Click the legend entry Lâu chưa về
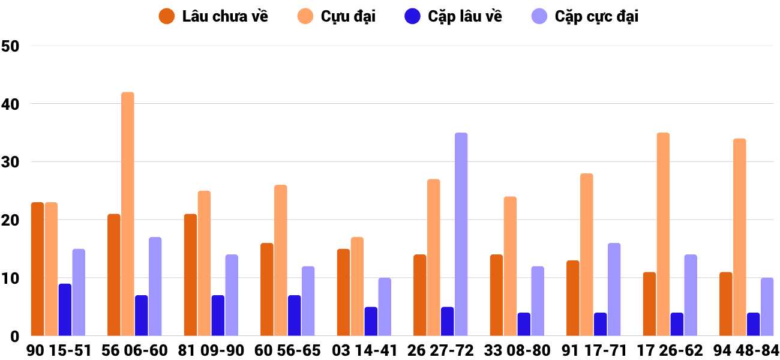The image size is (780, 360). click(x=224, y=16)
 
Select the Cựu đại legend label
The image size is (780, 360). click(x=348, y=16)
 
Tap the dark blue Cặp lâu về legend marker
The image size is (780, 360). click(x=412, y=16)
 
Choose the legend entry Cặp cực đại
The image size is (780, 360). click(x=596, y=16)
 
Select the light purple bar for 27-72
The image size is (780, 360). click(x=461, y=235)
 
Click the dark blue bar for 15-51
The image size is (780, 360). click(x=65, y=310)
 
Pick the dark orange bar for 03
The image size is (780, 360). click(x=343, y=292)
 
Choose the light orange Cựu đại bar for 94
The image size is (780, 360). click(x=739, y=238)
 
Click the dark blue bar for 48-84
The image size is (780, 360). click(x=753, y=324)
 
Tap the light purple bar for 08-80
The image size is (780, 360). click(x=538, y=301)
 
